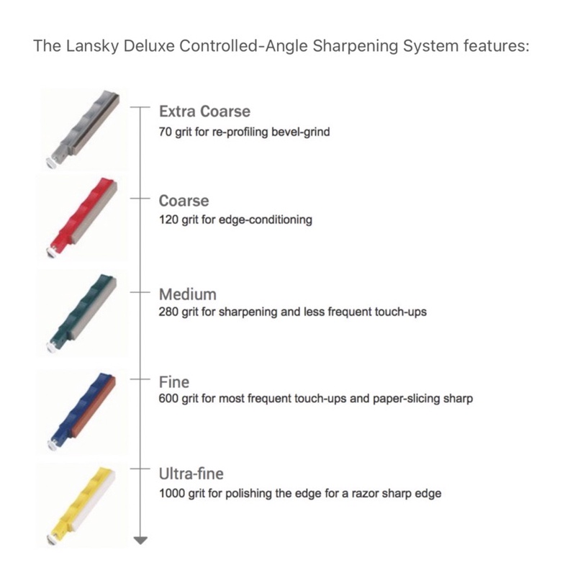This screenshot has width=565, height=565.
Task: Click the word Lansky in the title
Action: pyautogui.click(x=92, y=47)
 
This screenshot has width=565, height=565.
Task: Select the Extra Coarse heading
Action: pyautogui.click(x=204, y=112)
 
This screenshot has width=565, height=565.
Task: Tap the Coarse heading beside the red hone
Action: pyautogui.click(x=184, y=201)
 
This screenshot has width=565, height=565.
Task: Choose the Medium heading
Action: pyautogui.click(x=188, y=294)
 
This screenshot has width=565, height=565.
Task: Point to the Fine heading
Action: pyautogui.click(x=174, y=382)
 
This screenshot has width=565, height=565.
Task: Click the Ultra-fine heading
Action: pyautogui.click(x=191, y=474)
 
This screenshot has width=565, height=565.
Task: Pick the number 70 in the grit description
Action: pyautogui.click(x=165, y=132)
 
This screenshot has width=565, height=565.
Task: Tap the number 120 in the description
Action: pyautogui.click(x=168, y=220)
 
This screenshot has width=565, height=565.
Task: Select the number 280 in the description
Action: pyautogui.click(x=168, y=312)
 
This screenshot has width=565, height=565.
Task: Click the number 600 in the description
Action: pyautogui.click(x=168, y=399)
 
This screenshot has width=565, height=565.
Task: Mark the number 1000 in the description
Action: pyautogui.click(x=171, y=493)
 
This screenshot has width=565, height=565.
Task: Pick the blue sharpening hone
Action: pyautogui.click(x=81, y=412)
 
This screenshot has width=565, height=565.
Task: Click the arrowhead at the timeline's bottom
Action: pyautogui.click(x=140, y=541)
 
